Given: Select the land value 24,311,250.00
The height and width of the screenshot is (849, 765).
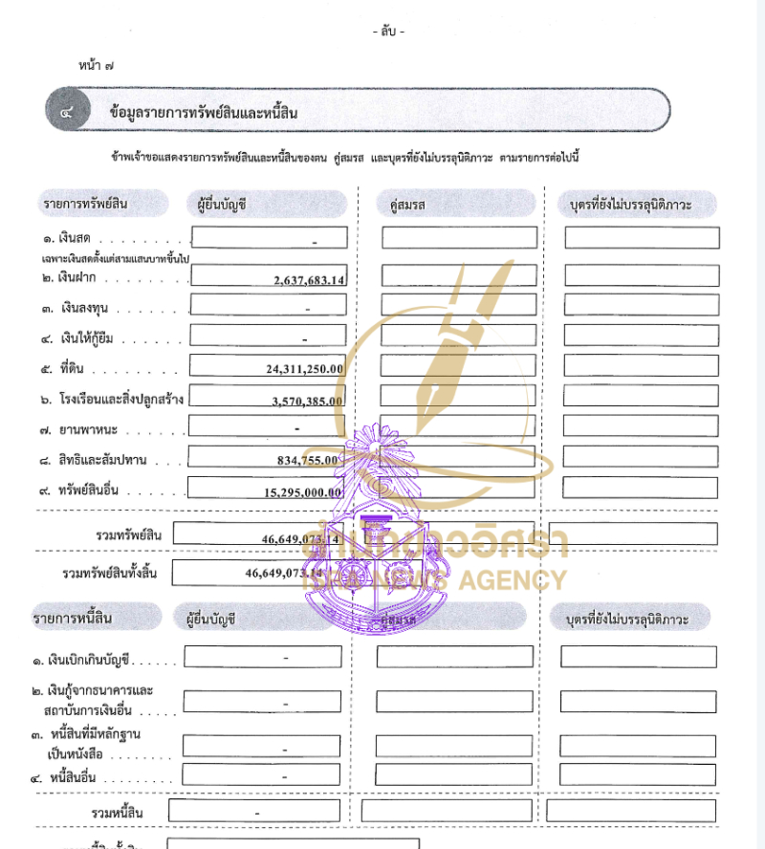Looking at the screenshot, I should (x=305, y=368).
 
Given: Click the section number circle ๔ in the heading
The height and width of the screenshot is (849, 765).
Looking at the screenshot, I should (x=67, y=113).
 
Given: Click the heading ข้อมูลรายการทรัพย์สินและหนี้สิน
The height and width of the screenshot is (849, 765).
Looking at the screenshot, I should (x=204, y=114).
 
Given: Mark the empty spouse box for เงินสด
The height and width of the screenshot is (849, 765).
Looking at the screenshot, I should (x=459, y=237).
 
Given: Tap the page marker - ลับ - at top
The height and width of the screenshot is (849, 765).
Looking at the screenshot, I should (x=389, y=32).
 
